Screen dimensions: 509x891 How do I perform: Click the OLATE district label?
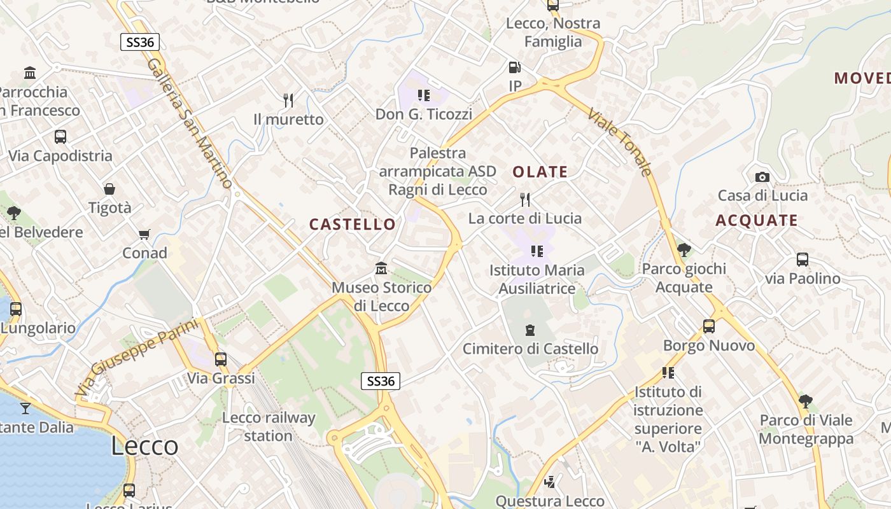(540, 172)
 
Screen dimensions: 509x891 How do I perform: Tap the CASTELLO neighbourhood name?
(352, 224)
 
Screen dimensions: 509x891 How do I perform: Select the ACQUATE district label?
(756, 221)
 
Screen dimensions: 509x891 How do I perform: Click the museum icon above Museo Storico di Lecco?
(381, 268)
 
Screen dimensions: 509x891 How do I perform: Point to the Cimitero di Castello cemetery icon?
(530, 330)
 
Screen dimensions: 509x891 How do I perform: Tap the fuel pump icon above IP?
(514, 67)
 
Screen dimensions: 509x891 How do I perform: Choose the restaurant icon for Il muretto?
(288, 100)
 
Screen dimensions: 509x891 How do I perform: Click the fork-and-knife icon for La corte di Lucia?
(525, 200)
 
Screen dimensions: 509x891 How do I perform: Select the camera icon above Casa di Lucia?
(762, 177)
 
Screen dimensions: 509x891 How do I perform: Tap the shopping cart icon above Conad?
(144, 235)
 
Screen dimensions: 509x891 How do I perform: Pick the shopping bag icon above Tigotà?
(109, 189)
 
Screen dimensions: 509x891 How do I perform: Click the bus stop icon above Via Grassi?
(221, 359)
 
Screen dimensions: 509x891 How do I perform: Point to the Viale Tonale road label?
(620, 142)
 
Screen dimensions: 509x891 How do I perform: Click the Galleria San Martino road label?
(190, 123)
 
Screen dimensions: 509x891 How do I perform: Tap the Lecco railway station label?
(268, 426)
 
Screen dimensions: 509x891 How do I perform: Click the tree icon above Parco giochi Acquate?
(684, 249)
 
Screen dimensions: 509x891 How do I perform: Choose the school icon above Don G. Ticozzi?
(423, 95)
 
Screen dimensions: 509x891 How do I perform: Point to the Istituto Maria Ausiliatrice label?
(537, 279)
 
